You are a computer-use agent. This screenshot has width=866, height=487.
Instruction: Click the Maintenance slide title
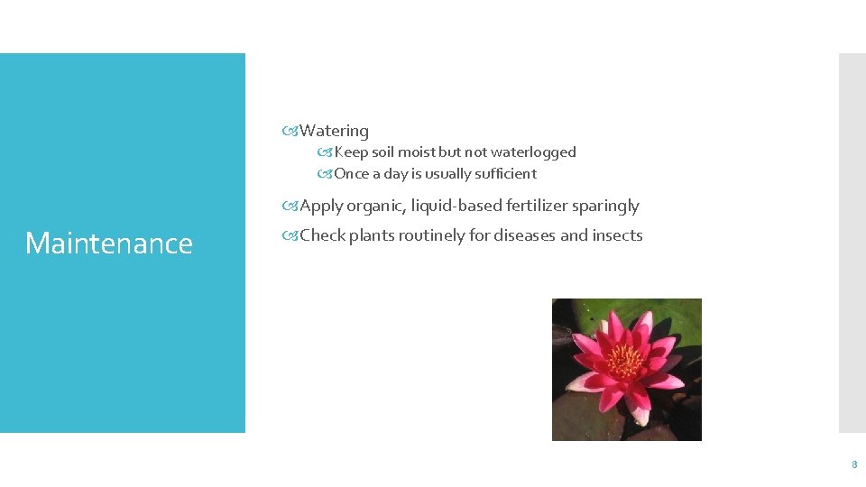109,243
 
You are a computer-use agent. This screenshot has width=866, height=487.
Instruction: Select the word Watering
334,131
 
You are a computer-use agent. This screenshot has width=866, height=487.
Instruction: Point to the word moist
417,152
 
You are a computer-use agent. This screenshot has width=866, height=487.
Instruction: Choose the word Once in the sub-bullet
352,174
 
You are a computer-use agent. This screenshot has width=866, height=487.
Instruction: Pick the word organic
375,206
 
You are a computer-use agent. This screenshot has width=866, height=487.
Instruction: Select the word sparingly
609,207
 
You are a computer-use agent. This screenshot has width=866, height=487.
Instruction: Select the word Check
322,235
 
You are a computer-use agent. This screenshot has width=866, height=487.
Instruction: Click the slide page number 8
853,465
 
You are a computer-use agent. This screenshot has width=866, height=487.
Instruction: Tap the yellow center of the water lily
623,360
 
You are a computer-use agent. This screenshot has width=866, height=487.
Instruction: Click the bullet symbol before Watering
290,132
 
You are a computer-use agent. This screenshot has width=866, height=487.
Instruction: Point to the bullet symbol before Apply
290,207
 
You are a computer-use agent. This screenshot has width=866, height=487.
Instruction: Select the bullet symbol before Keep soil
325,152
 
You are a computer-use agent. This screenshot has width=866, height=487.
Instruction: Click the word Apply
321,207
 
